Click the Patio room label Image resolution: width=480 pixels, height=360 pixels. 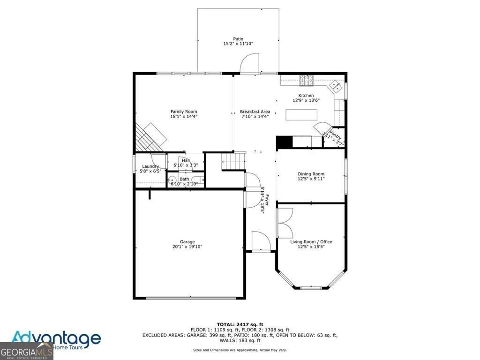(238, 39)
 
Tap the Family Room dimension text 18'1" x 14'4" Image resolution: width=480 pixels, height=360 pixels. (184, 116)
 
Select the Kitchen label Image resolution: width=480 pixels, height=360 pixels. (303, 96)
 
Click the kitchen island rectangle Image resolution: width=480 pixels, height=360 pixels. (301, 115)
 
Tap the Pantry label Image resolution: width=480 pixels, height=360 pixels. (334, 137)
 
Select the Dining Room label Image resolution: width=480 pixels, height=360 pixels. (311, 174)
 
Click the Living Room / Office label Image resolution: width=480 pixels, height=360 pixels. (311, 242)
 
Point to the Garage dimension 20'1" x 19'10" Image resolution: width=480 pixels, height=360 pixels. (187, 247)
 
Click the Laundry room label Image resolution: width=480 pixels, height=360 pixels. (150, 166)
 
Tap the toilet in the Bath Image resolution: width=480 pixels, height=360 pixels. (172, 180)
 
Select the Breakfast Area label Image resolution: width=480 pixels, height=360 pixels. (255, 112)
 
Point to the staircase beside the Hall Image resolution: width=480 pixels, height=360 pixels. (233, 161)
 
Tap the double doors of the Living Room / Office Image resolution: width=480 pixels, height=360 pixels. (284, 223)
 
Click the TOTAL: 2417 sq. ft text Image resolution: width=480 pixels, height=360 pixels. (240, 324)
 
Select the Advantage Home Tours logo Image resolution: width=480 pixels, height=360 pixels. (56, 339)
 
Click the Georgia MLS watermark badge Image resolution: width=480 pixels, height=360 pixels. (26, 351)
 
